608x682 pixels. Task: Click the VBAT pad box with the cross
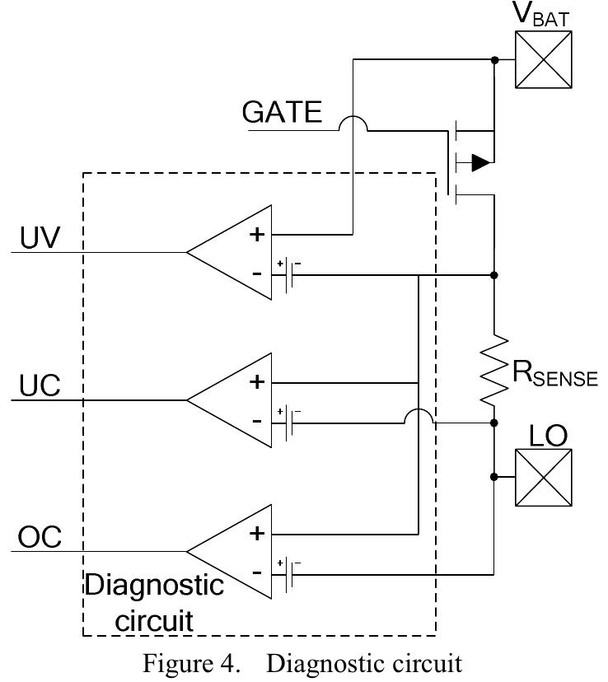(543, 59)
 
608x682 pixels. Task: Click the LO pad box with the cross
(543, 477)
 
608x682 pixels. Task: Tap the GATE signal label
(282, 112)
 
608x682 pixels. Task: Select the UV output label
(40, 237)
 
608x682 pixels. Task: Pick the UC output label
(40, 386)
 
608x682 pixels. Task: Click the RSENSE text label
(554, 374)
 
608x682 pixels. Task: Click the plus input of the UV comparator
(258, 234)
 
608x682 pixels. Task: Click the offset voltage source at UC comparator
(288, 423)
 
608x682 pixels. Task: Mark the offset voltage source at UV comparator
(288, 273)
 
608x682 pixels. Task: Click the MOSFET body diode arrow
(479, 162)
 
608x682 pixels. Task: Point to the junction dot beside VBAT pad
(493, 60)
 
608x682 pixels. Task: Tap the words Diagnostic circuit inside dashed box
(155, 602)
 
